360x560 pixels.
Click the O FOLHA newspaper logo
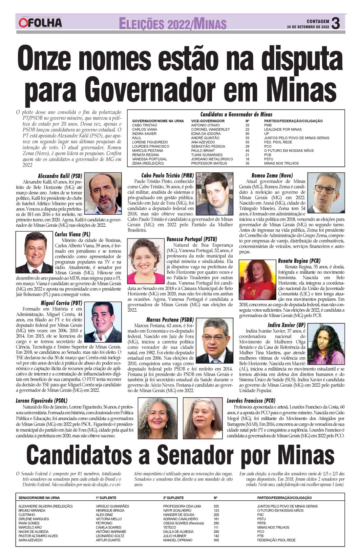pos(41,23)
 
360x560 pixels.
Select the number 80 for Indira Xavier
pos(247,133)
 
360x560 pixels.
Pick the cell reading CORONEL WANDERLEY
pos(210,129)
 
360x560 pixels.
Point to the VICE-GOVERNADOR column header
pos(208,121)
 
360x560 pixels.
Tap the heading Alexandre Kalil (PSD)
pos(60,176)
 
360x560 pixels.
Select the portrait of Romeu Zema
pos(326,192)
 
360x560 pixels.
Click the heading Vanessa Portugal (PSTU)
pos(192,239)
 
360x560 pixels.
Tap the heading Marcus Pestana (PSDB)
pos(170,319)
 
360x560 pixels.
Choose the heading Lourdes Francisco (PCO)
pos(251,401)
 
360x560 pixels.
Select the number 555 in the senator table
pos(216,506)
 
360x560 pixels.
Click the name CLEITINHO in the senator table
pos(27,515)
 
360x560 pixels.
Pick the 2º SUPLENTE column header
pos(173,498)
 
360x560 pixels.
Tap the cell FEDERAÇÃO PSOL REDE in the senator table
pos(276,540)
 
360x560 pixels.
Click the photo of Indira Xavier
pos(325,345)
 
